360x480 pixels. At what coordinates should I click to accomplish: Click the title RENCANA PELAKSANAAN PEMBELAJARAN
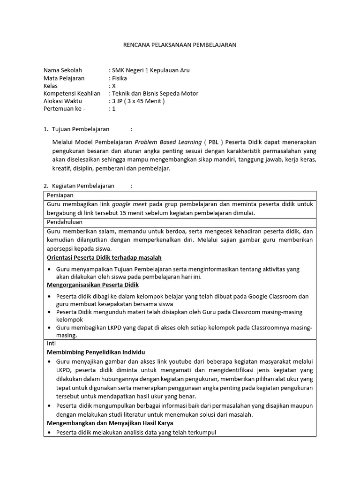[180, 45]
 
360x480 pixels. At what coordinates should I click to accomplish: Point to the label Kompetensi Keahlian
[72, 93]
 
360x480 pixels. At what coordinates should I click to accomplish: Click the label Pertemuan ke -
[64, 108]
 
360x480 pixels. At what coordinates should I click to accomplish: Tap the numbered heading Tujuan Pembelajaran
[81, 129]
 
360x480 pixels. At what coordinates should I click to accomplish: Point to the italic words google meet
[129, 204]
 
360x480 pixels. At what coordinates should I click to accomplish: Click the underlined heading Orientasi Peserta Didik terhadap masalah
[105, 257]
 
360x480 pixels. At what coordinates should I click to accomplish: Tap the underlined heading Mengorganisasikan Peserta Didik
[93, 285]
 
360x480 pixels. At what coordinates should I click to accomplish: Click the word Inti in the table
[52, 343]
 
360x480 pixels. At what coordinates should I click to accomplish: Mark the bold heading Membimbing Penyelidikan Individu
[96, 352]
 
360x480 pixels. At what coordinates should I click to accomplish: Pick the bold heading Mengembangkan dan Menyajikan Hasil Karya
[110, 423]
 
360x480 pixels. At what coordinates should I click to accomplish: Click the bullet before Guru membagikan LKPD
[50, 328]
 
